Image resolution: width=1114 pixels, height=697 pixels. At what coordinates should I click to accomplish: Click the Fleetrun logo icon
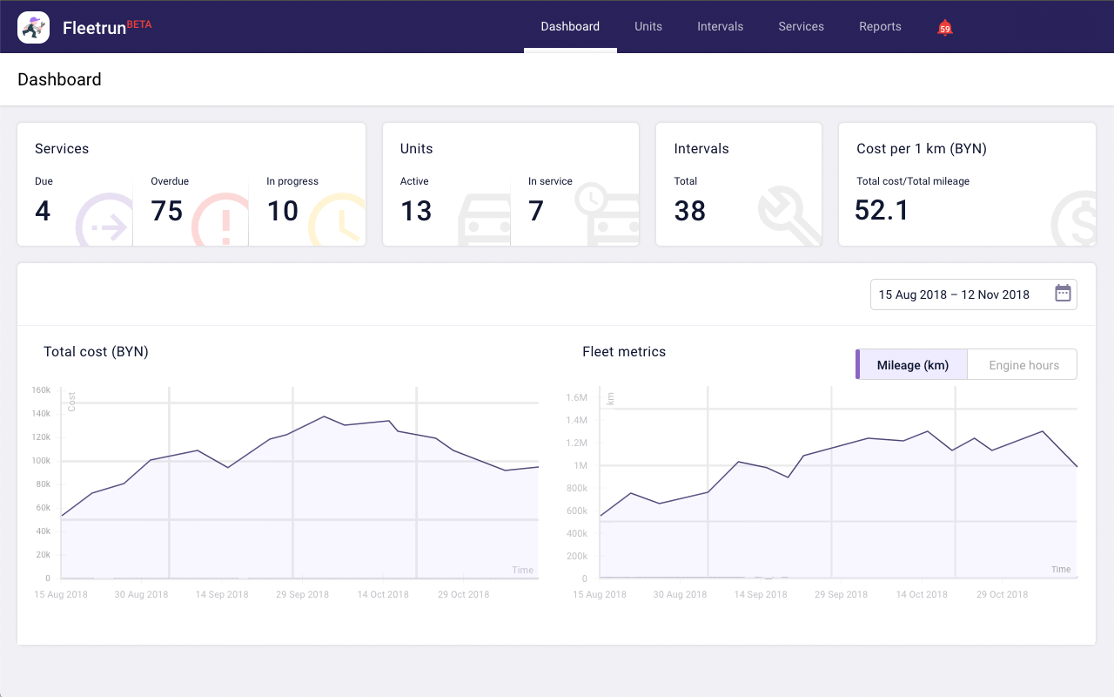[33, 28]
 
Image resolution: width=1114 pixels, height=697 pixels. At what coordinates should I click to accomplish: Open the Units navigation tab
[648, 26]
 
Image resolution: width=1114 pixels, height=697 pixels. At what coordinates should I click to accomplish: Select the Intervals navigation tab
[720, 26]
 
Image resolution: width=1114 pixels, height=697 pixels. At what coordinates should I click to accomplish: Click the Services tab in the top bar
[801, 26]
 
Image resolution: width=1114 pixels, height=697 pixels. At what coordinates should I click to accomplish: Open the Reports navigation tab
[880, 26]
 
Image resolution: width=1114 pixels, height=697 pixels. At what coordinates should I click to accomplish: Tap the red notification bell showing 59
[945, 28]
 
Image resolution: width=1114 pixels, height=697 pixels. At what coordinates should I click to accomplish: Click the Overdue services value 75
[167, 211]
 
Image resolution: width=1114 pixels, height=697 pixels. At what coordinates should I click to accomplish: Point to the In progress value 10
[282, 211]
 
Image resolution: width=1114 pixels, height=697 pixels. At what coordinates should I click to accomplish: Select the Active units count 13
[416, 211]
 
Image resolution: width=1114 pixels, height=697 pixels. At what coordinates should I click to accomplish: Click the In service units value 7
[536, 211]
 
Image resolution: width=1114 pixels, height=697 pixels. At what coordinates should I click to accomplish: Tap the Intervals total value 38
[689, 211]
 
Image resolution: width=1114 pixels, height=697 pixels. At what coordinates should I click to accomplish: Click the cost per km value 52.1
[882, 211]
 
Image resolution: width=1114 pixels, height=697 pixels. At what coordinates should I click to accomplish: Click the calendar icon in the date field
[1063, 294]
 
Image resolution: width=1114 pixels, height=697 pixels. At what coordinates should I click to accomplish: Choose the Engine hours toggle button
[1023, 365]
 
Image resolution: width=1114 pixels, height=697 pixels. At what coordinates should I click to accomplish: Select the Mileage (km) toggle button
[912, 365]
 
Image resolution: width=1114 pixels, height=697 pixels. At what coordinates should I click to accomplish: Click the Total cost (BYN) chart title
[96, 352]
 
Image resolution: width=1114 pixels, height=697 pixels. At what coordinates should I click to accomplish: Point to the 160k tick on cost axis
[41, 390]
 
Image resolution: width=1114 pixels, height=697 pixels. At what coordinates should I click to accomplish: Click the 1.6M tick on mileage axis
[577, 397]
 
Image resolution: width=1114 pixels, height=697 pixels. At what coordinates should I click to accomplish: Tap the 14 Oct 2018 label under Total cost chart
[383, 594]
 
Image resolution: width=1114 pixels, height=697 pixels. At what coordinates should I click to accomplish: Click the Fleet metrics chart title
[624, 352]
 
